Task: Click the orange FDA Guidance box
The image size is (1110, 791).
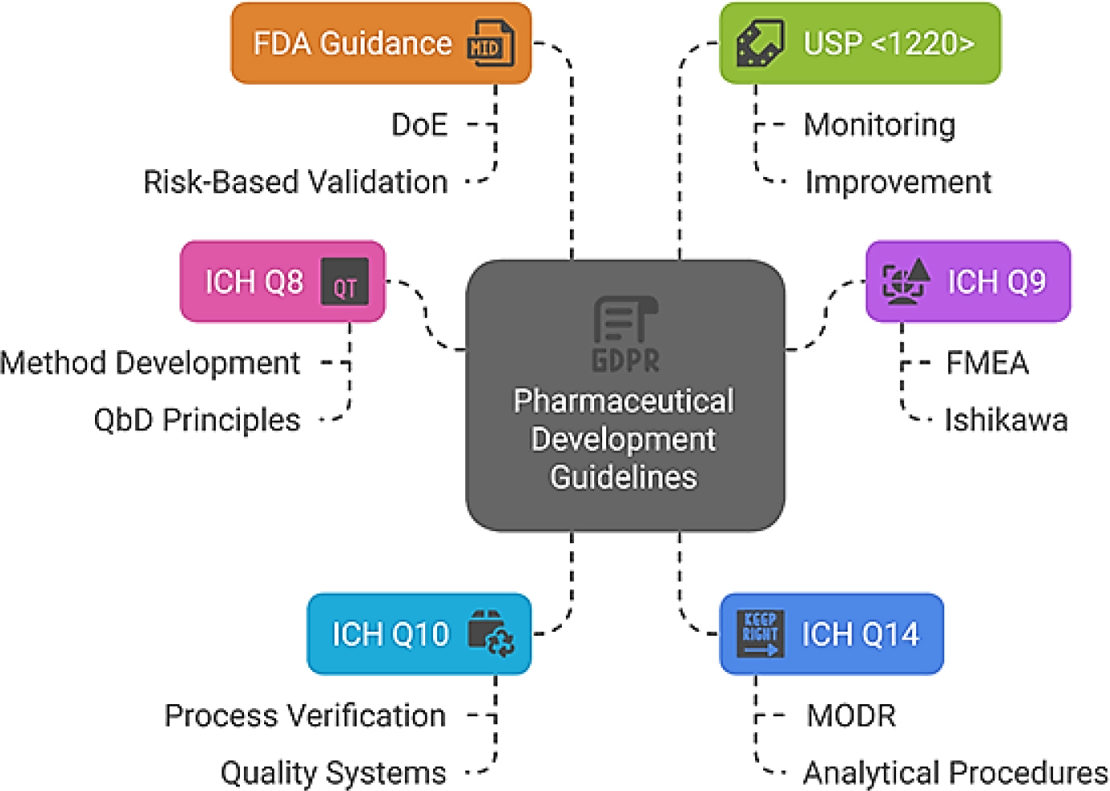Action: (x=380, y=43)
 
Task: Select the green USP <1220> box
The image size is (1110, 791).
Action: (x=860, y=43)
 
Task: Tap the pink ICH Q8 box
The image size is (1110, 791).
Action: (x=283, y=282)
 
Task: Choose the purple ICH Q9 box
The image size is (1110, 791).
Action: (x=968, y=282)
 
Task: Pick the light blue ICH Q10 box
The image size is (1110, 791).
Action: (x=419, y=634)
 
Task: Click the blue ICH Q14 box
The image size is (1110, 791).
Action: (x=831, y=634)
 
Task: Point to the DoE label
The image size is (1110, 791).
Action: (x=419, y=125)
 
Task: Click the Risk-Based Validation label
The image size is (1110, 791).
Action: (x=295, y=182)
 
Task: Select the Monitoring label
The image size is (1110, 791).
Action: (x=880, y=125)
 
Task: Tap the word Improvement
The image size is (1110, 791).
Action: (x=898, y=182)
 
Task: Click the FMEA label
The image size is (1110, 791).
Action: (x=987, y=363)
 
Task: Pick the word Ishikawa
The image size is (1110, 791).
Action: (x=1006, y=420)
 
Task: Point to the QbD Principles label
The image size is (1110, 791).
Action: (x=197, y=420)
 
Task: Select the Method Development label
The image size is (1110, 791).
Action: (x=151, y=363)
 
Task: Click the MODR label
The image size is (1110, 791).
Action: (x=851, y=715)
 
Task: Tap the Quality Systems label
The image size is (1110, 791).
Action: (x=333, y=772)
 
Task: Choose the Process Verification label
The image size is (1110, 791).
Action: (x=305, y=715)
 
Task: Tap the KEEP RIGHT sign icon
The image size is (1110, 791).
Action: (x=760, y=633)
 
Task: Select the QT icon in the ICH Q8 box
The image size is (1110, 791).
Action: (x=345, y=282)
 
